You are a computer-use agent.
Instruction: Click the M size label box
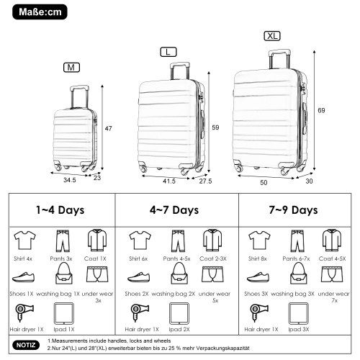tap(71, 68)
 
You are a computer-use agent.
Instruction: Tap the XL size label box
tap(271, 36)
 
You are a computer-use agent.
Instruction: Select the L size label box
tap(168, 52)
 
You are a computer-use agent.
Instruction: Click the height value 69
tap(323, 109)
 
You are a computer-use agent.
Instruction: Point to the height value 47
tap(107, 128)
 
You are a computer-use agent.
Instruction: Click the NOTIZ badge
tap(26, 346)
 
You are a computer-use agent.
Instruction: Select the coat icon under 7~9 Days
tap(331, 238)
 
